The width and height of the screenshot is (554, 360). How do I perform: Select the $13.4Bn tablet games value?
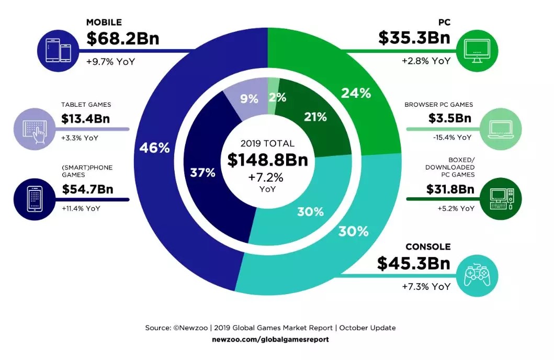point(86,120)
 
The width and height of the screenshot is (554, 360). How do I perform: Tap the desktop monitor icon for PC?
point(477,50)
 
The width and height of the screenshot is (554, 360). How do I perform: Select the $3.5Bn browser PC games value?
point(451,118)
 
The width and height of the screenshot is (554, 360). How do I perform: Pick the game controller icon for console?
point(478,275)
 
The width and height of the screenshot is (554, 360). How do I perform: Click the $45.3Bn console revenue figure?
point(414,264)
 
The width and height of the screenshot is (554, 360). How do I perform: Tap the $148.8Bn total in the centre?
point(267,160)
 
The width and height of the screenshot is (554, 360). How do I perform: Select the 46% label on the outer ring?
point(154,148)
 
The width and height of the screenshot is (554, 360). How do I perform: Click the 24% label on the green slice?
point(356,93)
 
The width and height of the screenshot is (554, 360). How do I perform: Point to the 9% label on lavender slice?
point(248,98)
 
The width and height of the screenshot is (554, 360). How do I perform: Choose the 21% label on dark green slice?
point(315,117)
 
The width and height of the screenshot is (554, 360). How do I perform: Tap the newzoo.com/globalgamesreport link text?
point(270,339)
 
